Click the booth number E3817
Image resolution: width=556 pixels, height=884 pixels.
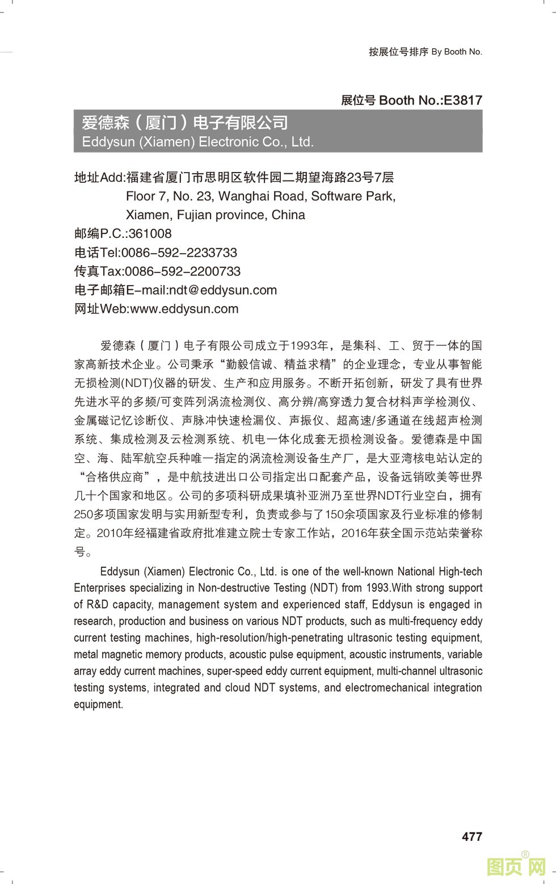tap(462, 100)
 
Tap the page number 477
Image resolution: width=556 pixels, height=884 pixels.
tap(471, 836)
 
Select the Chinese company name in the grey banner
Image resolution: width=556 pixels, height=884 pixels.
tap(185, 123)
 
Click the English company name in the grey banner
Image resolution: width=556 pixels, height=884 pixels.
tap(197, 142)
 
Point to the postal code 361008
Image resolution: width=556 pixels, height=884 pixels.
tap(150, 234)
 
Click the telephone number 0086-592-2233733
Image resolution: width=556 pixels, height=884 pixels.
tap(179, 253)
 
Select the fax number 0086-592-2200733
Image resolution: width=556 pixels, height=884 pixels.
tap(182, 271)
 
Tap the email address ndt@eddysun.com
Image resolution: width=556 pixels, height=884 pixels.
tap(223, 290)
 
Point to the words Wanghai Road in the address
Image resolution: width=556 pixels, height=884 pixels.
tap(253, 196)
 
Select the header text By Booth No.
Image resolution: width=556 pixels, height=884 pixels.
tap(457, 52)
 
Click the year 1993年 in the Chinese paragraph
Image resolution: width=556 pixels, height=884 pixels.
tap(309, 345)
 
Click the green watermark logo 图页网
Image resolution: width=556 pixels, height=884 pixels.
tap(516, 866)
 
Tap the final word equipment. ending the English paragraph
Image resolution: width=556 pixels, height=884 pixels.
tap(98, 705)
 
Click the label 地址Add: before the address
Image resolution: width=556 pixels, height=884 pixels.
tap(99, 178)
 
